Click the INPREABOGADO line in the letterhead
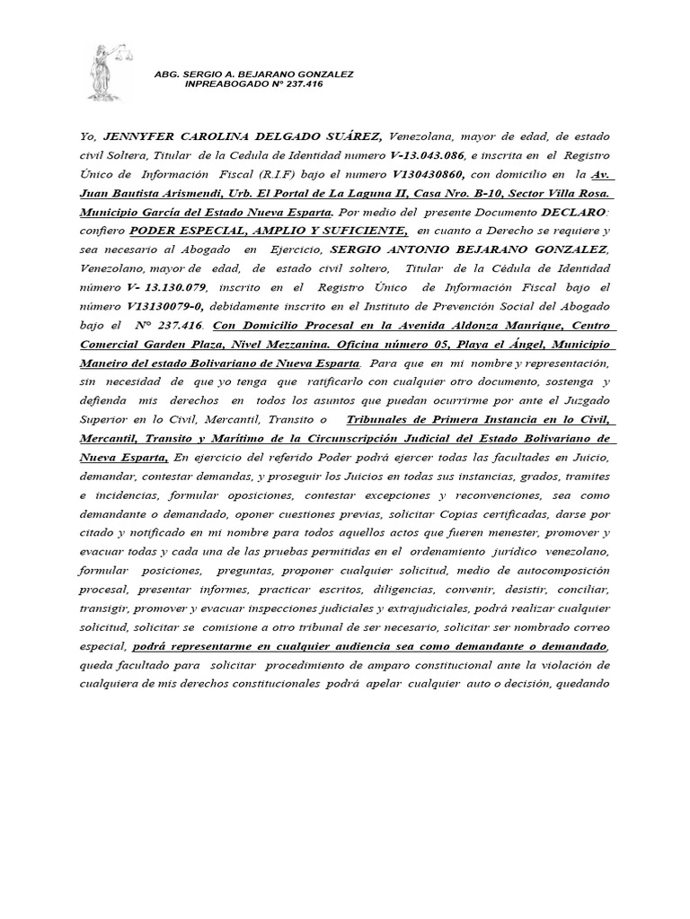(253, 83)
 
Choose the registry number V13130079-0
(150, 307)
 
